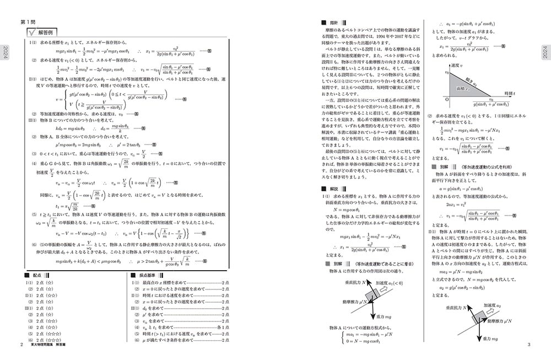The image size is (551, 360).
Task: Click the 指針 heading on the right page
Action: click(332, 23)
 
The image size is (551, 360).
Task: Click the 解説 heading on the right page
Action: click(332, 189)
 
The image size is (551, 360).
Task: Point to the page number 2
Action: click(21, 345)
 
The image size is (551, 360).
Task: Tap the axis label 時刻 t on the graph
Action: click(510, 94)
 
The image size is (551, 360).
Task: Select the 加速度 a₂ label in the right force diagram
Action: click(491, 305)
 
